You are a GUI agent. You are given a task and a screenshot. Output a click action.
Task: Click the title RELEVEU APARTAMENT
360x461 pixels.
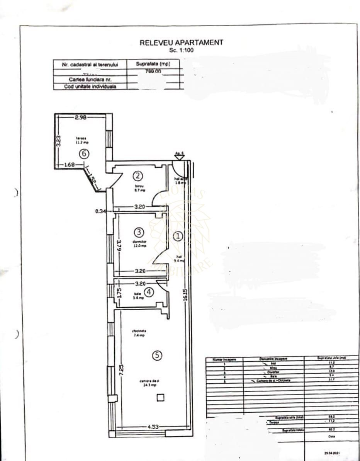point(181,43)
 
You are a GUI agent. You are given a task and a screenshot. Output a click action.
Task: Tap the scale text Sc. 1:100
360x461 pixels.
point(181,50)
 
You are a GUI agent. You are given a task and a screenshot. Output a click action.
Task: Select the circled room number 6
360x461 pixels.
point(84,153)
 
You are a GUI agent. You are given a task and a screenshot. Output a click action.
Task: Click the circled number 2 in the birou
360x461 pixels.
point(138,176)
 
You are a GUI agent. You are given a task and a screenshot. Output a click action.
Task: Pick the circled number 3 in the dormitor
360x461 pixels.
point(139,232)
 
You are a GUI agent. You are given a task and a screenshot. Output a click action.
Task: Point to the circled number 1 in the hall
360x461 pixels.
point(178,236)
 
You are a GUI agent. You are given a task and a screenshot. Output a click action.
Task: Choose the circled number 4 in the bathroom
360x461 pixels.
point(149,293)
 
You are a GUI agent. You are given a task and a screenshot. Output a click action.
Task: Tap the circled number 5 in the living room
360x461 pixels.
point(156,356)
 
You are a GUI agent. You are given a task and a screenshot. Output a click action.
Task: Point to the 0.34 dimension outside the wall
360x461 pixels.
point(100,211)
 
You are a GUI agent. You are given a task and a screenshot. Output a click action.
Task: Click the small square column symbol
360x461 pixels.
point(160,397)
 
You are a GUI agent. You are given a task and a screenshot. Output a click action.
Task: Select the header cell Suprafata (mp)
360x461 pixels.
point(153,64)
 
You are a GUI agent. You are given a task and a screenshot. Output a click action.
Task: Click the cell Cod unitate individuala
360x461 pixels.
point(90,87)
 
